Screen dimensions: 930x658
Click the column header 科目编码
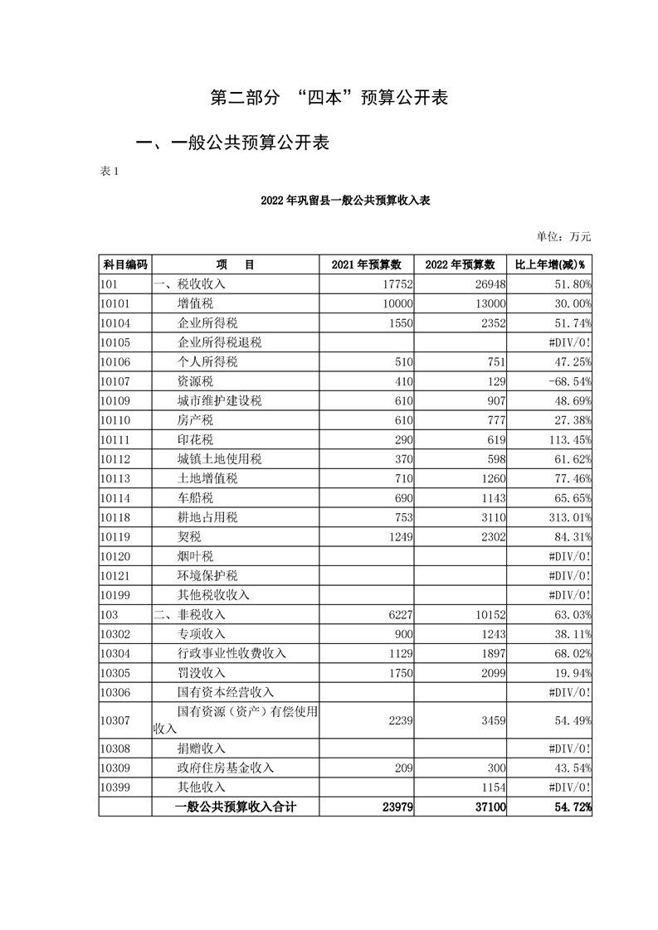(124, 264)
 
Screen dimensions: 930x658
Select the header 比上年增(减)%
(550, 264)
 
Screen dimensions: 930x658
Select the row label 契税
(190, 536)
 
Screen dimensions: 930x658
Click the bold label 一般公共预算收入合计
(236, 806)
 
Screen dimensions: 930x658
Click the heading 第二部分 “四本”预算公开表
(329, 98)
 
